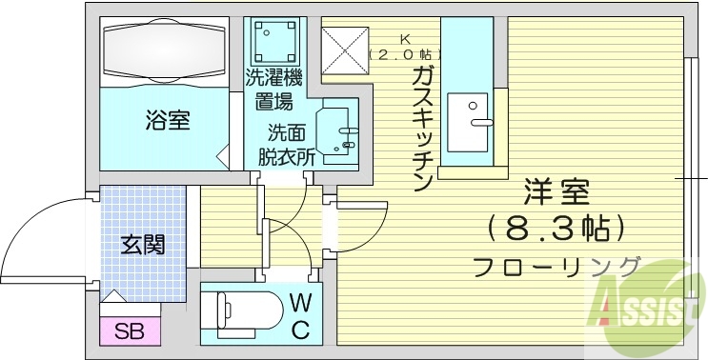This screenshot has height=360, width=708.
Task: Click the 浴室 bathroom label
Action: coord(167,121)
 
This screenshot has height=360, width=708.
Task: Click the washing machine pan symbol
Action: coord(274,37)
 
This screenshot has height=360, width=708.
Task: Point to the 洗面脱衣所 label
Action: coord(285,144)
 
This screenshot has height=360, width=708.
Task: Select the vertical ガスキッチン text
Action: coord(422,129)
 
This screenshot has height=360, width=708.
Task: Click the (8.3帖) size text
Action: coord(556,229)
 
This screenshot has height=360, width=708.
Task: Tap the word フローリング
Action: coord(556,266)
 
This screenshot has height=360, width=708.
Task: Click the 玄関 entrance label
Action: coord(143,244)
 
